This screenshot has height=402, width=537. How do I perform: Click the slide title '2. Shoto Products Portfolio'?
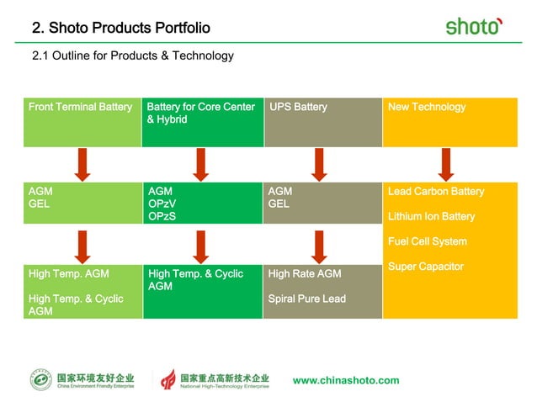click(120, 29)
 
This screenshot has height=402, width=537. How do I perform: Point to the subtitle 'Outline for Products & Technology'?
click(132, 56)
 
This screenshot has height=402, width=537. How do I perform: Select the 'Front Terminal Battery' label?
click(80, 107)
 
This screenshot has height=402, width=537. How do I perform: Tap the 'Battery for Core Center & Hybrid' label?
click(200, 114)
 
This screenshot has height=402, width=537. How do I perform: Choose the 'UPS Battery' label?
click(299, 107)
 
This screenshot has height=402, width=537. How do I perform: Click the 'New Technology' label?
click(427, 107)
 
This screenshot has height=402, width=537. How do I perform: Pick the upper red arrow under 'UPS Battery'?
click(319, 164)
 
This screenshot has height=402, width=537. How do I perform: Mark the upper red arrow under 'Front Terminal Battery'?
click(82, 164)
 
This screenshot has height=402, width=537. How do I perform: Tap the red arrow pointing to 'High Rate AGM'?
click(319, 246)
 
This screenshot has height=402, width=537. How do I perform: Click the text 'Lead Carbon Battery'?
click(436, 192)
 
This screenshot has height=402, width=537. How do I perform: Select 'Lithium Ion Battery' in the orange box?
click(431, 217)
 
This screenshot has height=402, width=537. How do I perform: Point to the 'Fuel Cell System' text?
click(427, 242)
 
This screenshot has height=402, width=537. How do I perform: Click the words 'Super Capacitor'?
click(427, 267)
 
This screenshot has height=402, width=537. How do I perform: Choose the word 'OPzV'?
click(162, 204)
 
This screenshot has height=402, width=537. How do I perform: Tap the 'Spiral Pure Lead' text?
click(306, 299)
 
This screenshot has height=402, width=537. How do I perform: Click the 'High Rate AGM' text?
click(305, 273)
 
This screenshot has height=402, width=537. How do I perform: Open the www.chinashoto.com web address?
click(346, 380)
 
